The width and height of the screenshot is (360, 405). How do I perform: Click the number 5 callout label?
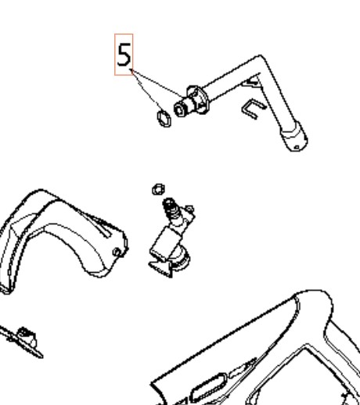pos(124,55)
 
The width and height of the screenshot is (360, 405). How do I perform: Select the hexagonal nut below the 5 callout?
pos(164,119)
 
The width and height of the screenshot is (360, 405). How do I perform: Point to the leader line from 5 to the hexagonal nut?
pos(147,91)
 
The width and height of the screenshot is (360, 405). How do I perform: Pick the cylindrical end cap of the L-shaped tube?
pos(294,137)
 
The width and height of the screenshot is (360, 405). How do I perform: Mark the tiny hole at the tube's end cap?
pos(297,148)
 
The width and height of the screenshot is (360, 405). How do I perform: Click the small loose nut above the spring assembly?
pos(158,189)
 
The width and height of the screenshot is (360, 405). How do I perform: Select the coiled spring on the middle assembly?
pos(171,210)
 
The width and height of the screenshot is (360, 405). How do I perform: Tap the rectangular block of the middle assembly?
pos(165,245)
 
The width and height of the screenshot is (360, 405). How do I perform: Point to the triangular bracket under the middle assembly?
pos(161,268)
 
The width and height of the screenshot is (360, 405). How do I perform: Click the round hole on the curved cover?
pos(117,253)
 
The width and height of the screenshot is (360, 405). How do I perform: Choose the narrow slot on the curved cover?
pos(97,225)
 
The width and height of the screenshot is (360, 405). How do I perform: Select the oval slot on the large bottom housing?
pos(208,388)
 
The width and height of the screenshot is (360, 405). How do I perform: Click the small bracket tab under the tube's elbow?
pos(252,81)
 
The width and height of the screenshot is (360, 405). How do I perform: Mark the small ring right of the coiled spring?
pos(189,209)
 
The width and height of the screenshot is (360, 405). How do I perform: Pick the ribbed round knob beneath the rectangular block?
pos(182,258)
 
